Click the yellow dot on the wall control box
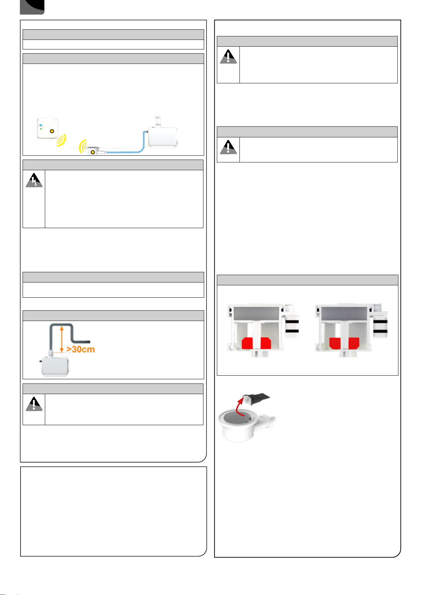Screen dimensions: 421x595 [x=52, y=131]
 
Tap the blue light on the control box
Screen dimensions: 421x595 [x=41, y=125]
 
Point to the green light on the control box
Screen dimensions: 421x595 [x=41, y=129]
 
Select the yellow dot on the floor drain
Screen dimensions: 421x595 [x=93, y=152]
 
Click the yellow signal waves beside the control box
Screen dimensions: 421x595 [x=61, y=140]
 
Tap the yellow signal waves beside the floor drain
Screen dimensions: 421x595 [x=83, y=146]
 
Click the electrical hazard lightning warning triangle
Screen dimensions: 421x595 [x=34, y=180]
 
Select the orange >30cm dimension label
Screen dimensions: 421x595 [x=81, y=349]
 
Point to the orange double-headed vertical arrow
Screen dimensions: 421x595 [x=61, y=339]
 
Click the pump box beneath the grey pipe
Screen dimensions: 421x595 [x=55, y=366]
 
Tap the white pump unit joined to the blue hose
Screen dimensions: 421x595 [x=162, y=137]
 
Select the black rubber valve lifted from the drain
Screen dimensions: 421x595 [x=257, y=398]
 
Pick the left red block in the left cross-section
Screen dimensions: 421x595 [x=247, y=343]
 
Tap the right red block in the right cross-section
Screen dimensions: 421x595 [x=354, y=343]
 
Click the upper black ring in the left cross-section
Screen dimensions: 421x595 [x=292, y=322]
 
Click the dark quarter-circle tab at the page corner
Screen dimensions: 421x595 [x=32, y=7]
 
